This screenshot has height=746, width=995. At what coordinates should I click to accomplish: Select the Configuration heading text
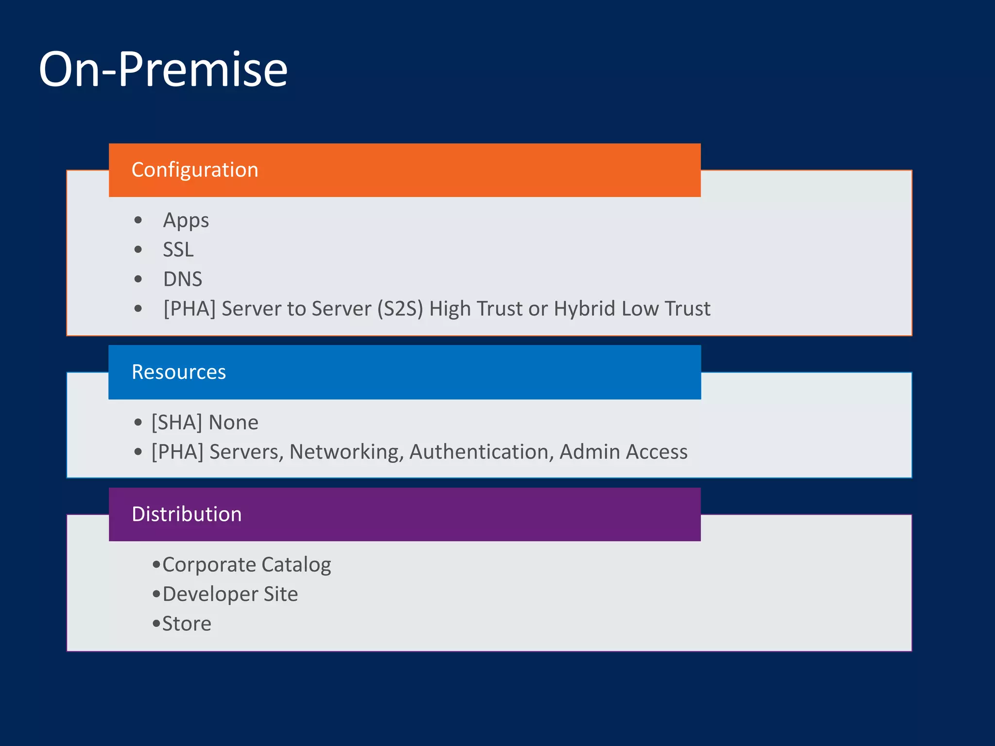click(x=195, y=170)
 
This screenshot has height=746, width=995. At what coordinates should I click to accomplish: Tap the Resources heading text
click(x=179, y=372)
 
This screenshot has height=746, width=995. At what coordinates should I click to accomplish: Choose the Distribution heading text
click(x=187, y=514)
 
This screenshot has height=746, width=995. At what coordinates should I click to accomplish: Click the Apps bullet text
click(x=186, y=220)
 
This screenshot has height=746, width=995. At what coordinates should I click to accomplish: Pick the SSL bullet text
click(x=178, y=250)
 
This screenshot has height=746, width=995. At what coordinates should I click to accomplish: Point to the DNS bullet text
click(x=182, y=279)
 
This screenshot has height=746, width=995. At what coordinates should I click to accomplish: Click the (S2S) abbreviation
click(x=400, y=309)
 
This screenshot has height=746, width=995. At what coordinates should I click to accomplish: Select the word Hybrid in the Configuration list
click(x=584, y=309)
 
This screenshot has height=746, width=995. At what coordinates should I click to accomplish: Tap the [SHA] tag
click(x=176, y=423)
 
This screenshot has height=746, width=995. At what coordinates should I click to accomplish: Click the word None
click(x=234, y=423)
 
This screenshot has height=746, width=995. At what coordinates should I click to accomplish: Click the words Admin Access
click(x=623, y=452)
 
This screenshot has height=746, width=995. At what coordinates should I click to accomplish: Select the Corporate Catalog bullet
click(x=246, y=565)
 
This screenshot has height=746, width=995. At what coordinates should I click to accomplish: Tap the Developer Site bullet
click(x=230, y=594)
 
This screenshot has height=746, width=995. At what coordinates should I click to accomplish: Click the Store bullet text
click(x=187, y=624)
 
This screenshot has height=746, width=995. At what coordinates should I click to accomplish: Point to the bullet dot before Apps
click(x=138, y=220)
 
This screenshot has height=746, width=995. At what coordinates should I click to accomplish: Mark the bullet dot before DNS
click(x=138, y=279)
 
